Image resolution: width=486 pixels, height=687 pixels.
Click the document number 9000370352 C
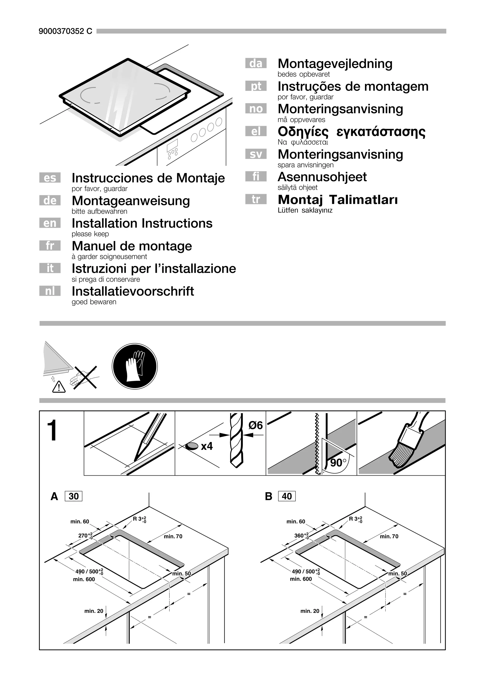click(x=65, y=31)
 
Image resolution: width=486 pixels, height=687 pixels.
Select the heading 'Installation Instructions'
click(x=142, y=223)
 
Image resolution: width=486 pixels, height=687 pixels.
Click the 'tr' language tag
click(x=256, y=199)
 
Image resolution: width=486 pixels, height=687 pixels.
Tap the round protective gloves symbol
click(x=135, y=366)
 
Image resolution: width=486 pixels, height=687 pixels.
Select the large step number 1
click(x=52, y=431)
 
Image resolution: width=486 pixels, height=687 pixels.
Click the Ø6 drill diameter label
click(x=255, y=425)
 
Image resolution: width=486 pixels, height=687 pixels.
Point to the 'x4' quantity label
click(x=206, y=446)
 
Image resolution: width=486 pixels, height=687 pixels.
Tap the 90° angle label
click(x=338, y=463)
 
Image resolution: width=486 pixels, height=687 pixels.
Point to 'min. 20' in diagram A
click(x=94, y=611)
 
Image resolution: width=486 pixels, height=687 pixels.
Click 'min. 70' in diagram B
click(x=389, y=537)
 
